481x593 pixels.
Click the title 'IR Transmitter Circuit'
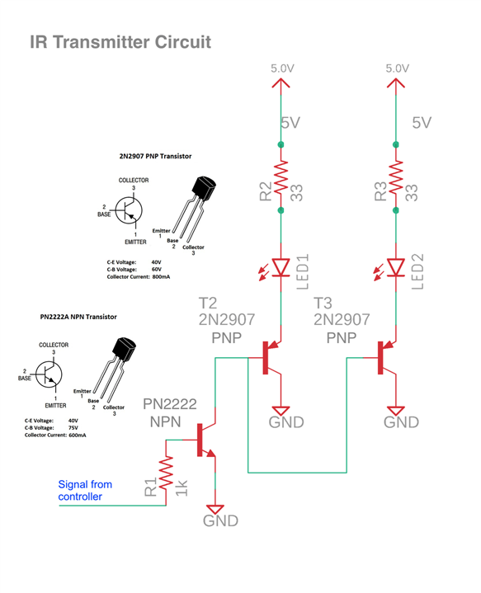(120, 42)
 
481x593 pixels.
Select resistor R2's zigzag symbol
(281, 177)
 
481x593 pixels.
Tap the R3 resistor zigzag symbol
(396, 177)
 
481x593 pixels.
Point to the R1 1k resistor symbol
(166, 473)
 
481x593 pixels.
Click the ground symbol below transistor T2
(281, 411)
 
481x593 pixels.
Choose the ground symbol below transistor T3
(396, 411)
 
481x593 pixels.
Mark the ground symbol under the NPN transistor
(215, 510)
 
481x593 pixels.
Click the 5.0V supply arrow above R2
(281, 83)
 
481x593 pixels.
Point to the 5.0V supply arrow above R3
(396, 83)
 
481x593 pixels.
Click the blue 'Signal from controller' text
(85, 491)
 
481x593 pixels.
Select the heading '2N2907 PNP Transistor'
(156, 156)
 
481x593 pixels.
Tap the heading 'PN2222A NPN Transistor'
(78, 317)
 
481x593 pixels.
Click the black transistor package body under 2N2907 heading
(204, 188)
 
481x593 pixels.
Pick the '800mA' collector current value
(161, 277)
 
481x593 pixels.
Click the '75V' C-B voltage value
(73, 428)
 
